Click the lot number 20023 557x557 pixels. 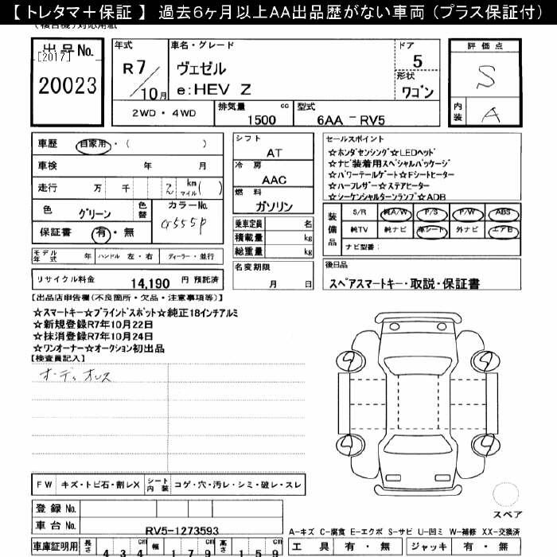tap(68, 85)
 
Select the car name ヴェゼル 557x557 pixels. tap(199, 68)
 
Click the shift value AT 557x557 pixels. tap(274, 151)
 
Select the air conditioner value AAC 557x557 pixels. tap(275, 179)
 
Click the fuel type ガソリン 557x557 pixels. tap(275, 207)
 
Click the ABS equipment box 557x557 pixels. tap(502, 213)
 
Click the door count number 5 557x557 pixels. tap(418, 60)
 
